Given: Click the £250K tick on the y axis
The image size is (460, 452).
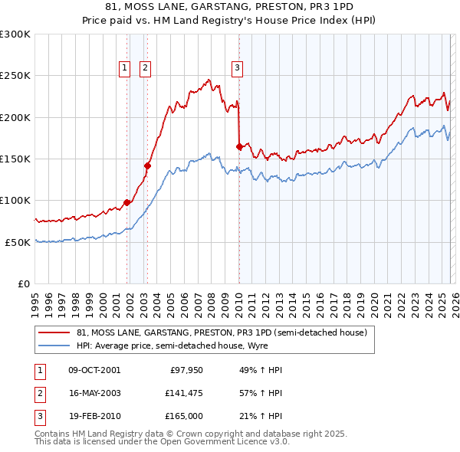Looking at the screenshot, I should pos(15,76).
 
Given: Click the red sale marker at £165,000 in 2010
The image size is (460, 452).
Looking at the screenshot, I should pos(240,146).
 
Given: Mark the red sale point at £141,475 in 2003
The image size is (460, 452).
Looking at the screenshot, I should pos(148,165).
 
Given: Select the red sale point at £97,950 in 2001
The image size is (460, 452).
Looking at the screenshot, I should pos(127,202).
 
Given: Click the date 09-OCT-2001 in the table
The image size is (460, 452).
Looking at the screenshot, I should pos(94,370).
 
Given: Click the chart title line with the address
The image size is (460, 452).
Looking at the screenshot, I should pos(229,6).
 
